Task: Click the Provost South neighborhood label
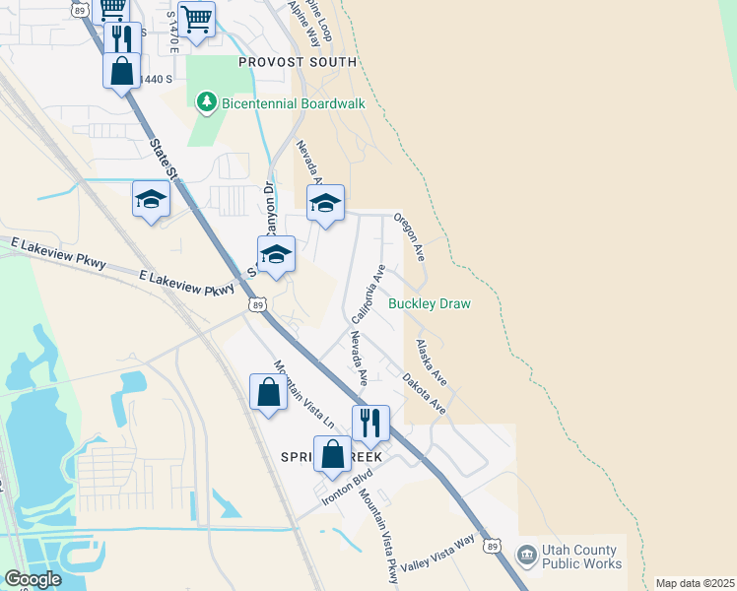(299, 62)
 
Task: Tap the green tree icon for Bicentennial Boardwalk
(206, 101)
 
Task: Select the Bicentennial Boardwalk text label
(293, 102)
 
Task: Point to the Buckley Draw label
(429, 303)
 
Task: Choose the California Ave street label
(368, 291)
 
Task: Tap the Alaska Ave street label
(432, 361)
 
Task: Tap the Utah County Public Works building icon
(527, 557)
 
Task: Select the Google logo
(33, 579)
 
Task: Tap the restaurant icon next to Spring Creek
(370, 423)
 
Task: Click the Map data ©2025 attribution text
(695, 583)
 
